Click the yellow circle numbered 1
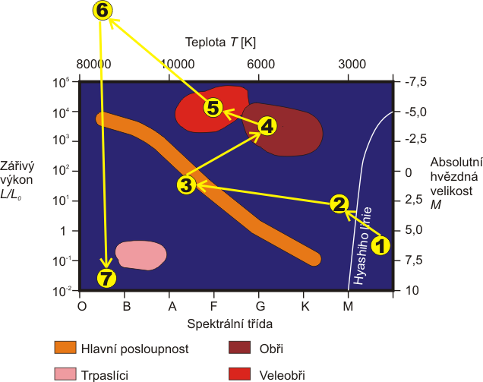click(x=381, y=245)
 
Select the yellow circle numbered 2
click(x=339, y=203)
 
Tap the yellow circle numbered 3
click(x=187, y=184)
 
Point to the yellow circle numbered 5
click(x=213, y=108)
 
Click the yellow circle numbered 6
click(x=102, y=11)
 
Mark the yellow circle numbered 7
click(x=107, y=278)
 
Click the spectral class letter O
click(x=82, y=306)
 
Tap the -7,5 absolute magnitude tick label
click(x=417, y=82)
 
